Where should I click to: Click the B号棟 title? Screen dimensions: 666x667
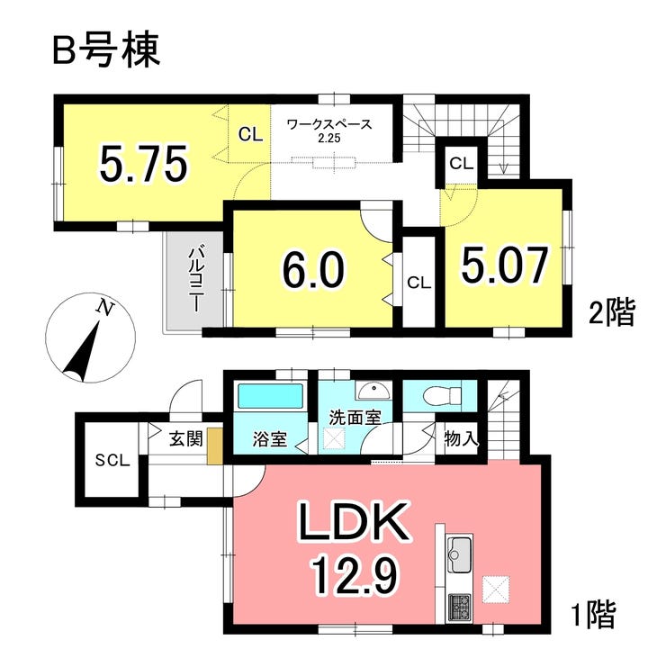106,50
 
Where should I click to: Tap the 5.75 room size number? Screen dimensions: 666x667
143,164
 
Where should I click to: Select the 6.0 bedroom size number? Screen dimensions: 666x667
312,268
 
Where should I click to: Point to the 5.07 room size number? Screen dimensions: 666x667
504,265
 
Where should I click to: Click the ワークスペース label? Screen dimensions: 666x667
329,124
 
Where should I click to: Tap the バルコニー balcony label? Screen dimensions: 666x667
195,279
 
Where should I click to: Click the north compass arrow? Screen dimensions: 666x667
84,350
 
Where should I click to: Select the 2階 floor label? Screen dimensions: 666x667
612,312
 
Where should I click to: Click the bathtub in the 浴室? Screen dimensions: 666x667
271,396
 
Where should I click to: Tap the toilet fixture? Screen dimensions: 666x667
443,396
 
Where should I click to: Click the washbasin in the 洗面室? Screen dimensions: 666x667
374,391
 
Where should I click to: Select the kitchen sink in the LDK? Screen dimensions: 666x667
459,554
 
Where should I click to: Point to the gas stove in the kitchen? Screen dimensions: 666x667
459,608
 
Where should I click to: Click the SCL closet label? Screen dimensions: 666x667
112,460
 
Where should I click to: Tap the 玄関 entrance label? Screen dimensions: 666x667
186,438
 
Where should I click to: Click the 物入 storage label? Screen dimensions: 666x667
461,438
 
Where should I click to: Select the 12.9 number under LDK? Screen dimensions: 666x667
355,575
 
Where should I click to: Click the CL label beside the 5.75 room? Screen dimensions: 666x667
250,134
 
